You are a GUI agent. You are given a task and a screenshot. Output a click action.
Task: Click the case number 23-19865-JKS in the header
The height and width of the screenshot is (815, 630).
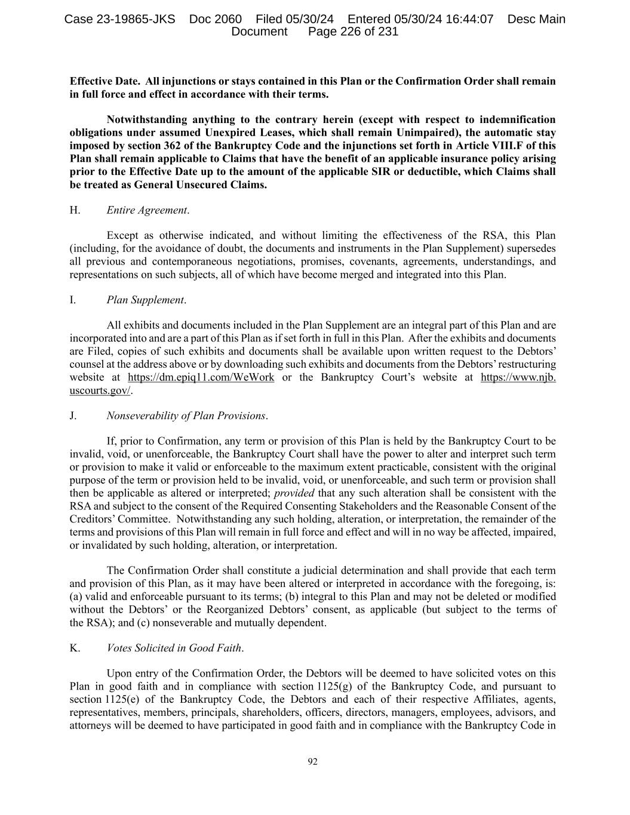tap(119, 19)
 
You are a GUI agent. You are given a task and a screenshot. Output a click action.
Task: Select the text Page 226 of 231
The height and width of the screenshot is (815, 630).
tap(353, 32)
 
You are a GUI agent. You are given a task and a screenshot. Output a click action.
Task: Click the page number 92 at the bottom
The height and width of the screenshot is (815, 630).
tap(312, 761)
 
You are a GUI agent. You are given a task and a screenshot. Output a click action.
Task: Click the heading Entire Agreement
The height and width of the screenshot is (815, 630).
tap(147, 210)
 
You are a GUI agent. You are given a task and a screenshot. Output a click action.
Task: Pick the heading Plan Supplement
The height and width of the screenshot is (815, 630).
tap(146, 300)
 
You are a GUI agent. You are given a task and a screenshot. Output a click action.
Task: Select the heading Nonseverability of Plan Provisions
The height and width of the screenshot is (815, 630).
tap(186, 416)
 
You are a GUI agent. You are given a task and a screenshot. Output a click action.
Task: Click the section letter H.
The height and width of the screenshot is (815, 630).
tap(75, 210)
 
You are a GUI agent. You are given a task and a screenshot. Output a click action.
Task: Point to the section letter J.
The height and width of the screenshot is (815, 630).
tap(73, 416)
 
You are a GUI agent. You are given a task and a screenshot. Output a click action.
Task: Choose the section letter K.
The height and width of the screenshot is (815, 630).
tap(75, 648)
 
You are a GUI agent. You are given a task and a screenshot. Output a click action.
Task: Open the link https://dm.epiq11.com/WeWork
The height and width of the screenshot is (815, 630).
tap(201, 377)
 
